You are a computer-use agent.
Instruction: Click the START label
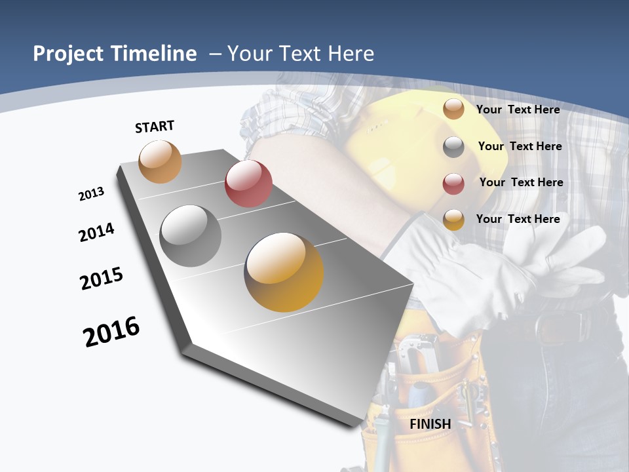(155, 127)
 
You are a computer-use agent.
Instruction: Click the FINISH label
(430, 424)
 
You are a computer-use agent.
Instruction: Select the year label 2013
(91, 194)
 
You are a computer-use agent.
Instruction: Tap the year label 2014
(97, 232)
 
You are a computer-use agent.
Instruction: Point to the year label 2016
(111, 332)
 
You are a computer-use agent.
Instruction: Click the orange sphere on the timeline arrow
(161, 161)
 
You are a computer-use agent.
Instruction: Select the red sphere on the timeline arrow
(248, 184)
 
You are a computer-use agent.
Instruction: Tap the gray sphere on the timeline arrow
(191, 236)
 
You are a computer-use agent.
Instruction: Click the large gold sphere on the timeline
(284, 272)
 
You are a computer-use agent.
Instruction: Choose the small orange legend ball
(453, 109)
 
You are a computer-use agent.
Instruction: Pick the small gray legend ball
(453, 146)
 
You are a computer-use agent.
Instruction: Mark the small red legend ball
(453, 183)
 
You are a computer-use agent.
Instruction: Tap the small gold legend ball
(453, 220)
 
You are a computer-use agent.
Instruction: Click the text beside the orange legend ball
(518, 109)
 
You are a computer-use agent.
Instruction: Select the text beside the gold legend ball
(518, 219)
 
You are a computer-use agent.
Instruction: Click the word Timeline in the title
(155, 54)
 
